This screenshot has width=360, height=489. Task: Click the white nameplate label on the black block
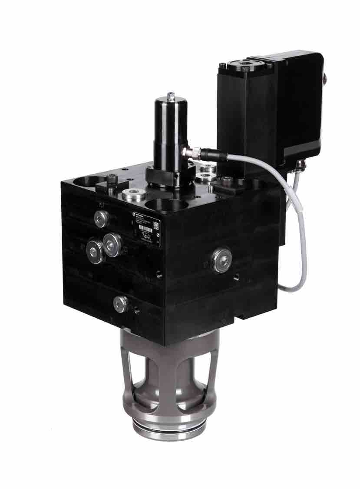[x=145, y=228]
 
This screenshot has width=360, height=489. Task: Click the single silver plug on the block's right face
[x=221, y=259]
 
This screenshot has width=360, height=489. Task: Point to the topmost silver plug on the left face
[x=101, y=218]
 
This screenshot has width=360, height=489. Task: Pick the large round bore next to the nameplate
[x=166, y=208]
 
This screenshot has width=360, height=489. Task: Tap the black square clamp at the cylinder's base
[x=163, y=175]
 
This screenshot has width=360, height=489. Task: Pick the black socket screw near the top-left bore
[x=112, y=179]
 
